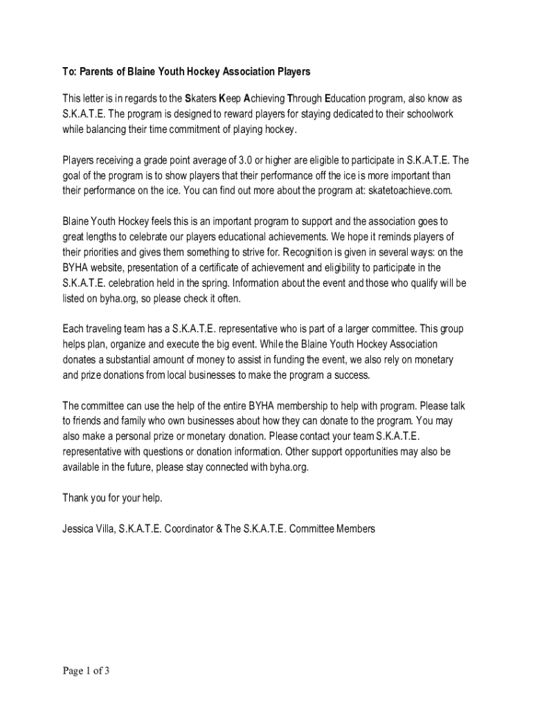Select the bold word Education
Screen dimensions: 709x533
(x=347, y=98)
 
